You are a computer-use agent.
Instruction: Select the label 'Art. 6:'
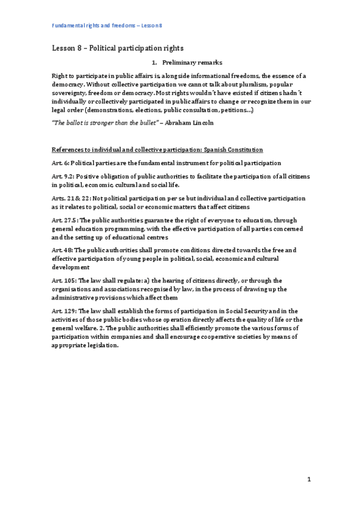coord(62,163)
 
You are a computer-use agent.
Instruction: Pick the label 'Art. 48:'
coord(63,249)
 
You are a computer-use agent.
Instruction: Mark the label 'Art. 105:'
coord(65,279)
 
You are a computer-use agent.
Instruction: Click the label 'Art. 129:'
coord(65,309)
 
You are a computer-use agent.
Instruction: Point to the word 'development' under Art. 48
coord(71,266)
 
